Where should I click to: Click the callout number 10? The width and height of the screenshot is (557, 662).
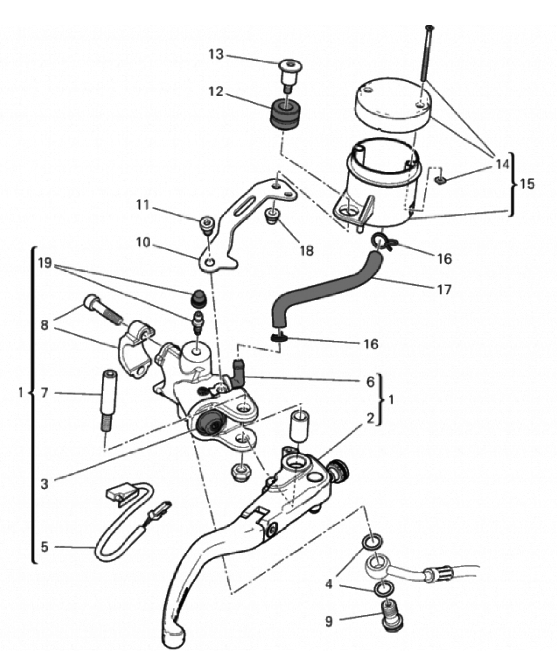click(143, 242)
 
